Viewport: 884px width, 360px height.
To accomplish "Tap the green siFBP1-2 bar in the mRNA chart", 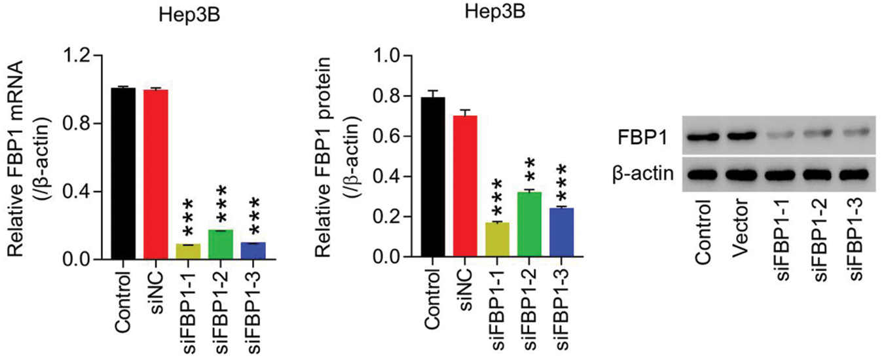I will pos(221,245).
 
